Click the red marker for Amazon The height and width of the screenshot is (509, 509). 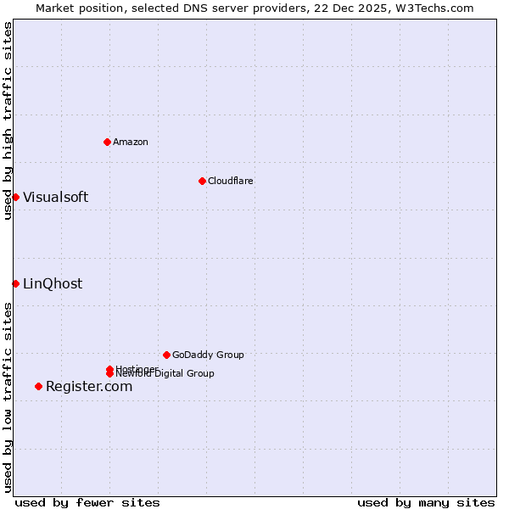107,142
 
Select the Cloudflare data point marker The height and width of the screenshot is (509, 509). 202,181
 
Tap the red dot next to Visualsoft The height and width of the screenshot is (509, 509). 15,198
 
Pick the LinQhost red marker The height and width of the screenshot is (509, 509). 15,283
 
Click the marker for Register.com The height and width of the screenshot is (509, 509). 38,387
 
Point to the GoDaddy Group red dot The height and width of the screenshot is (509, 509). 166,355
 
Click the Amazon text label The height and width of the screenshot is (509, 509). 131,142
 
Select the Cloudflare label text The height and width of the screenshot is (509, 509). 231,181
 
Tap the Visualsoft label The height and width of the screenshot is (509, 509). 55,198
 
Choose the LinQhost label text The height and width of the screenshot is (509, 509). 53,284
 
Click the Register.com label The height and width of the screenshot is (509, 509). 89,387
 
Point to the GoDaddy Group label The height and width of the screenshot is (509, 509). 208,355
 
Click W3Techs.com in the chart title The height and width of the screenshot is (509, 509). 439,8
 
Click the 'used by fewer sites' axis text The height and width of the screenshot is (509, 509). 87,502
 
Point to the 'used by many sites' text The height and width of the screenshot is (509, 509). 426,502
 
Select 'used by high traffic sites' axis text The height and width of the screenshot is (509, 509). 8,120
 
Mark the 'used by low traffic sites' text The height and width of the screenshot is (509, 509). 8,397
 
